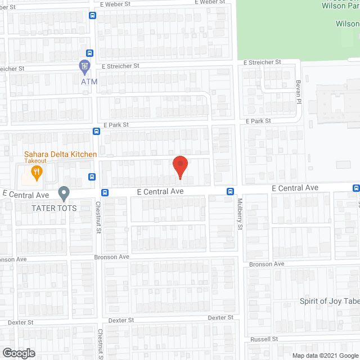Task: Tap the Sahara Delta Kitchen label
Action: pyautogui.click(x=60, y=154)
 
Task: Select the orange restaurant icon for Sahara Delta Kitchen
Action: pyautogui.click(x=37, y=173)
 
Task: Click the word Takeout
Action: pyautogui.click(x=35, y=161)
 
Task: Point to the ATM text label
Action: pyautogui.click(x=89, y=82)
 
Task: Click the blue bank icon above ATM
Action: pyautogui.click(x=85, y=67)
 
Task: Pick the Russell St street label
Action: pyautogui.click(x=264, y=339)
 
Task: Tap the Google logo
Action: pyautogui.click(x=18, y=353)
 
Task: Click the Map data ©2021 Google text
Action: pyautogui.click(x=325, y=355)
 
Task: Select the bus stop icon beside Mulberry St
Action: pyautogui.click(x=231, y=191)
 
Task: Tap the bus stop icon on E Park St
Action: pyautogui.click(x=96, y=132)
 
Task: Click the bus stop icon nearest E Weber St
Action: pyautogui.click(x=92, y=15)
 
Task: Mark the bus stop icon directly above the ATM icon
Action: pyautogui.click(x=89, y=54)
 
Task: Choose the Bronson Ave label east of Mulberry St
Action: pyautogui.click(x=267, y=264)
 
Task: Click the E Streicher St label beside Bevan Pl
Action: pyautogui.click(x=262, y=62)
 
